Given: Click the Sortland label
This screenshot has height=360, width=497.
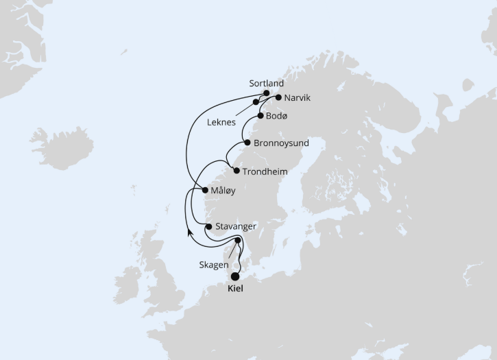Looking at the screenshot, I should (x=266, y=84).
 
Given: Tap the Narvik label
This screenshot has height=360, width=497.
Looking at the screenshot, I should (x=297, y=98).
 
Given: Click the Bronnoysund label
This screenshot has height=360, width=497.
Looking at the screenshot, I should (x=281, y=143).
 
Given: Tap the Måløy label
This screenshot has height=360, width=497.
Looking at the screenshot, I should (x=224, y=190).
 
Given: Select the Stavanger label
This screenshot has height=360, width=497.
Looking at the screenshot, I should (x=236, y=226).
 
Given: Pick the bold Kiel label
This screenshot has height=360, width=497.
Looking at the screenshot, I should (x=234, y=289).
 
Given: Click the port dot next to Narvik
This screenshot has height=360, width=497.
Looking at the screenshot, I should (x=278, y=97).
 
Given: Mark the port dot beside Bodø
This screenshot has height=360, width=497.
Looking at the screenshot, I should (x=260, y=116).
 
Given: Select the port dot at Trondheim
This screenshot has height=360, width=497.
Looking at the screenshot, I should (x=237, y=171).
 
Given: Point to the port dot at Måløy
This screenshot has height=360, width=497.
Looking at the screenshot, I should (x=206, y=190).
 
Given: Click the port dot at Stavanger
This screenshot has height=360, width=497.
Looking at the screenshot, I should (x=208, y=226).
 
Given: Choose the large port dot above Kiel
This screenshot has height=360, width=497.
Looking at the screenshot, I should (x=236, y=276).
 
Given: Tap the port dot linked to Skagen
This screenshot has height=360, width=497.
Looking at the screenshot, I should (x=238, y=241).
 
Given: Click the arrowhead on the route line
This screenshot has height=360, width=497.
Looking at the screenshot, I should (x=189, y=232).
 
